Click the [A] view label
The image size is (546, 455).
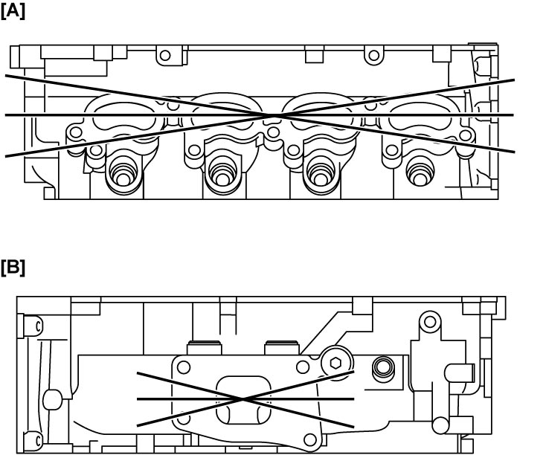click(x=13, y=11)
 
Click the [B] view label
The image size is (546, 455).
click(x=13, y=268)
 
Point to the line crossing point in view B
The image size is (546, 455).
click(x=243, y=399)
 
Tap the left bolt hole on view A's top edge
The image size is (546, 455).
click(x=165, y=55)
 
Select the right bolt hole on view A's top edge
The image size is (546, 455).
click(x=374, y=55)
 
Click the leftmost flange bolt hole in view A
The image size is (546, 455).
click(x=76, y=132)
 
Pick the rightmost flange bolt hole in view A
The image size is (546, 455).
click(x=466, y=135)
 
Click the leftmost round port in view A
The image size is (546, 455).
click(x=123, y=172)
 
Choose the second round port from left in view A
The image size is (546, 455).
click(x=223, y=172)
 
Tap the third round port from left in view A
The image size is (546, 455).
click(x=320, y=172)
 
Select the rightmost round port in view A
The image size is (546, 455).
click(x=420, y=172)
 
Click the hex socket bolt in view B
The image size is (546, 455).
click(x=335, y=363)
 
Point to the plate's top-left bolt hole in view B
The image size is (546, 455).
click(x=184, y=367)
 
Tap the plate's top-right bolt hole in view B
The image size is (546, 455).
click(x=303, y=367)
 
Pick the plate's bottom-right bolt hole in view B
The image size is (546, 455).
click(x=309, y=439)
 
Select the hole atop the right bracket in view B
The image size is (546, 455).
click(x=431, y=321)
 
